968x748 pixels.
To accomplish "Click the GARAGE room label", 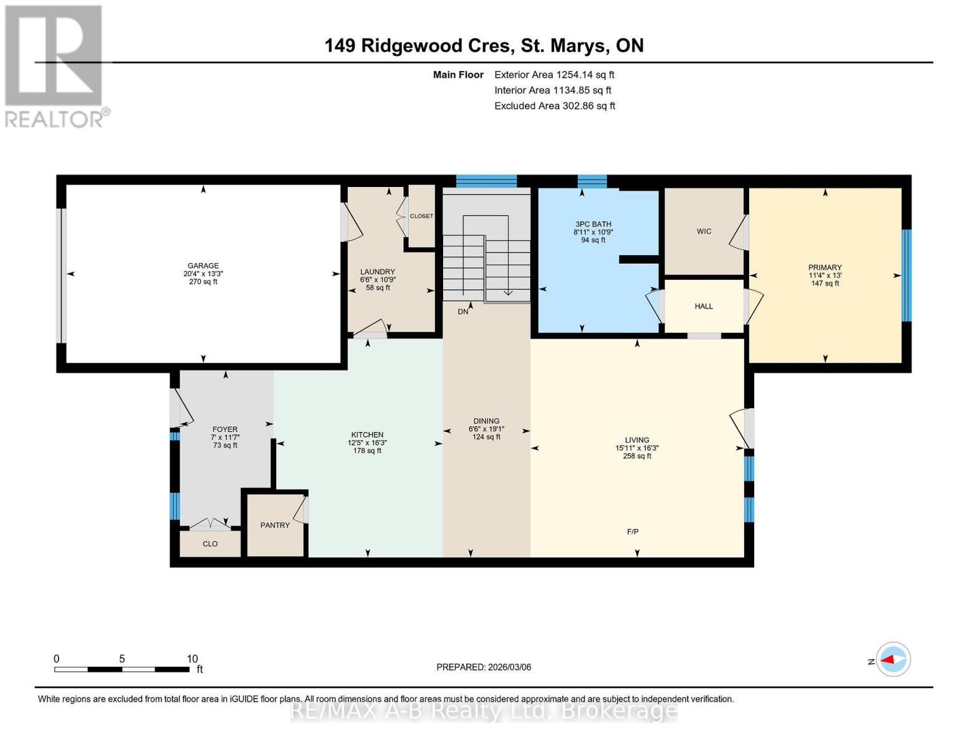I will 203,266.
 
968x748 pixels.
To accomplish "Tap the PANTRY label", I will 275,525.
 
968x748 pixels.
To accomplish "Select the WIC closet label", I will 704,231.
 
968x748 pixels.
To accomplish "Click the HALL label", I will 704,306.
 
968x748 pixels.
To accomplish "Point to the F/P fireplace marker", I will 633,532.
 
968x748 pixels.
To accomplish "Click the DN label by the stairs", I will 462,312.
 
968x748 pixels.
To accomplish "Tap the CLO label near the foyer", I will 210,544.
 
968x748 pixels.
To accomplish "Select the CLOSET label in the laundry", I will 421,216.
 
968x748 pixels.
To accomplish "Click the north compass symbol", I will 893,659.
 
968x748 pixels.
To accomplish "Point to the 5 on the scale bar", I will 122,659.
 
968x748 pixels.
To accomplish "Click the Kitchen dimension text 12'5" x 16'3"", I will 367,443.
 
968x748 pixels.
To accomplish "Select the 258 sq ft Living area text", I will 637,456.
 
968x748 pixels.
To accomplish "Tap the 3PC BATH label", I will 593,224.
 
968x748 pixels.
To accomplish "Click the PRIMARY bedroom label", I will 825,267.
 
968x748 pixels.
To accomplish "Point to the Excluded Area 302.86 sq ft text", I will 554,106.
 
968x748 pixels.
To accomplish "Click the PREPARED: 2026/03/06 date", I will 484,667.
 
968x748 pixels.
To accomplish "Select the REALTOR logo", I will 54,65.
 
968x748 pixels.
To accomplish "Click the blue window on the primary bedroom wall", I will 906,275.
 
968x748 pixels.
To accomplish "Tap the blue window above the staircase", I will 486,181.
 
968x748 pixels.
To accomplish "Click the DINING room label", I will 486,421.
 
